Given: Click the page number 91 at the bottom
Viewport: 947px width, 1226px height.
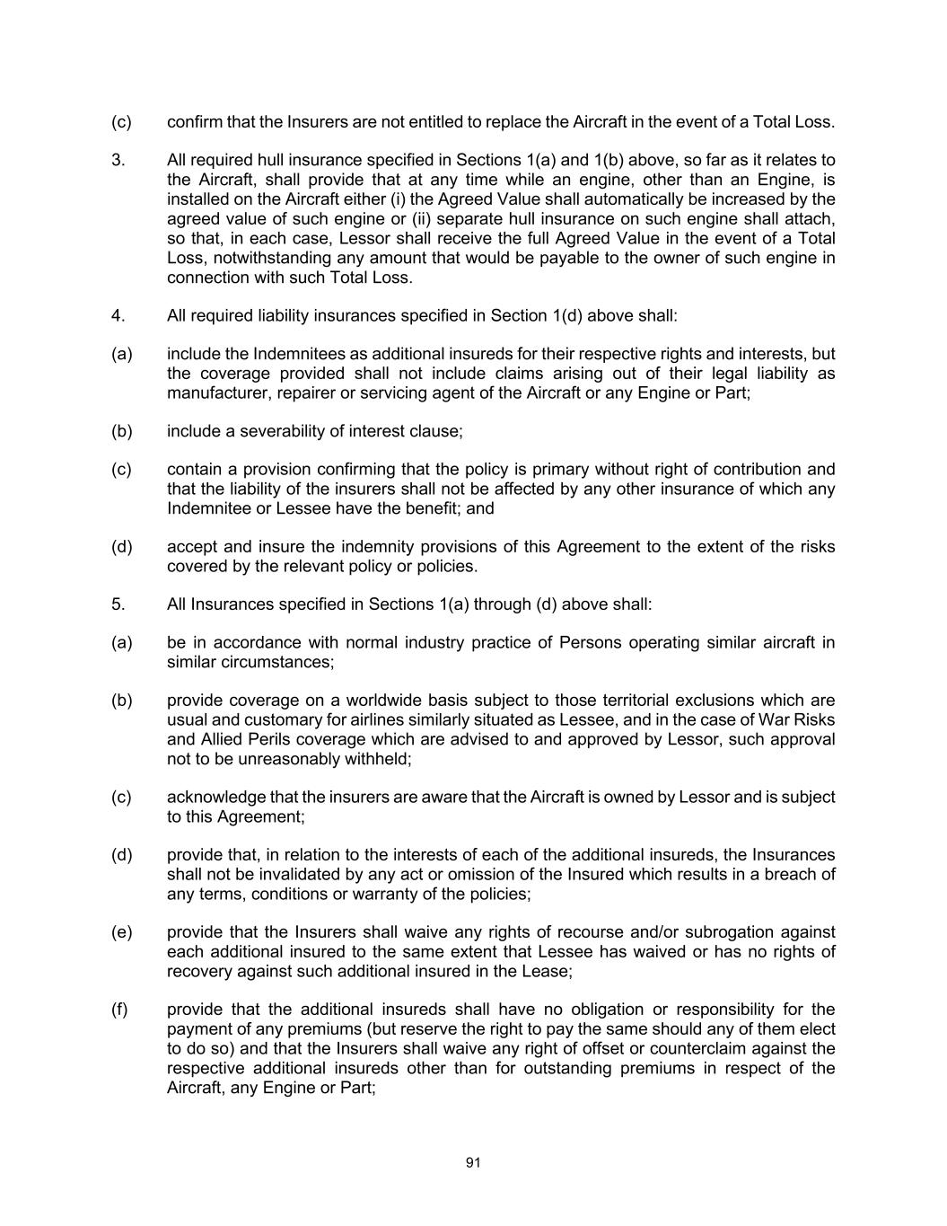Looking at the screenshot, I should [x=473, y=1162].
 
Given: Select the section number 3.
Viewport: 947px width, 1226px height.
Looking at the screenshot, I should [x=118, y=161].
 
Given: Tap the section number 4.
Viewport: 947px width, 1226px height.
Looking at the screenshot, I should [x=118, y=316].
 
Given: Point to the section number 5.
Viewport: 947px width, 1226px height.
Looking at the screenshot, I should [x=118, y=604].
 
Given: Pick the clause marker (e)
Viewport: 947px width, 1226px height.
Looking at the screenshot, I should [x=121, y=932].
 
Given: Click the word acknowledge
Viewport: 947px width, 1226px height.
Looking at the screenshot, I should [x=215, y=798].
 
